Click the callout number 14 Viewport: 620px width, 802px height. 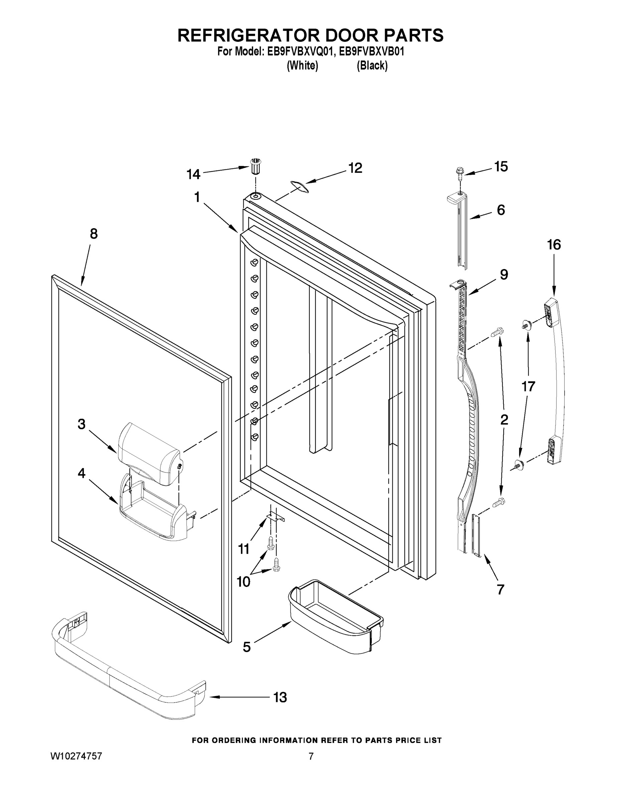tap(193, 174)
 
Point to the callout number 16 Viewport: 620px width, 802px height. tap(554, 245)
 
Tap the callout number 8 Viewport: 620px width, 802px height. tap(94, 234)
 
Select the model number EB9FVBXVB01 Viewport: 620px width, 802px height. tap(371, 51)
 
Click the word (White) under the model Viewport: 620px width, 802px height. tap(302, 66)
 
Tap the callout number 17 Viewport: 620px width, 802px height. tap(528, 386)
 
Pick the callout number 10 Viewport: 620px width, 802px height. tap(244, 582)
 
